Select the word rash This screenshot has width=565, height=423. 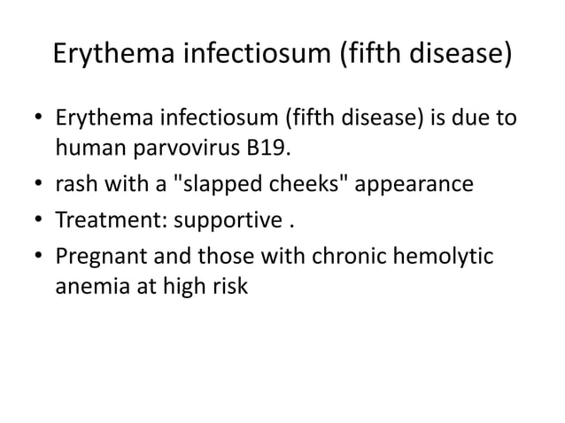(74, 185)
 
